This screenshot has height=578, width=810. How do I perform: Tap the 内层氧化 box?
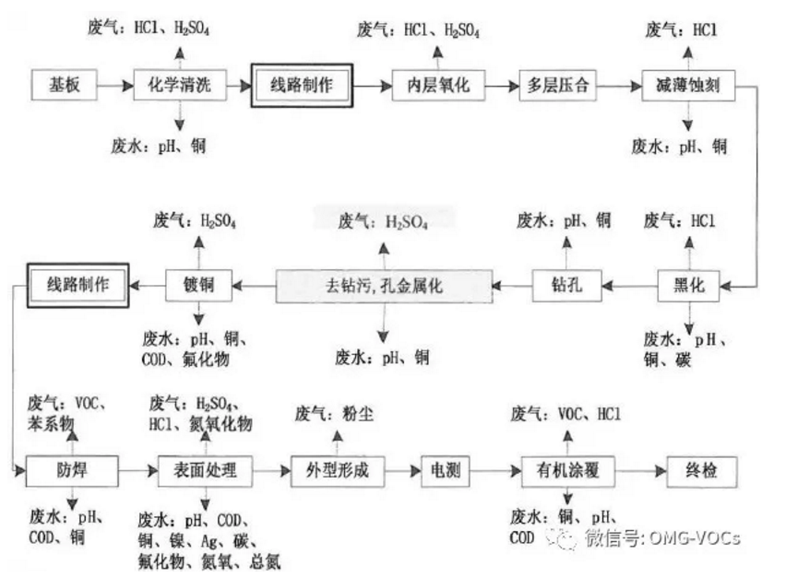click(x=439, y=86)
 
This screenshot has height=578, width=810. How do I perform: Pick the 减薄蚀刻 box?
click(x=687, y=86)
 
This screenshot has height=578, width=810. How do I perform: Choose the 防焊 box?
click(x=72, y=471)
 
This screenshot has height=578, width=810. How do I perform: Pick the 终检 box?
click(x=703, y=471)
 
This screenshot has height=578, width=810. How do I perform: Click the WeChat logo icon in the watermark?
click(x=564, y=537)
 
